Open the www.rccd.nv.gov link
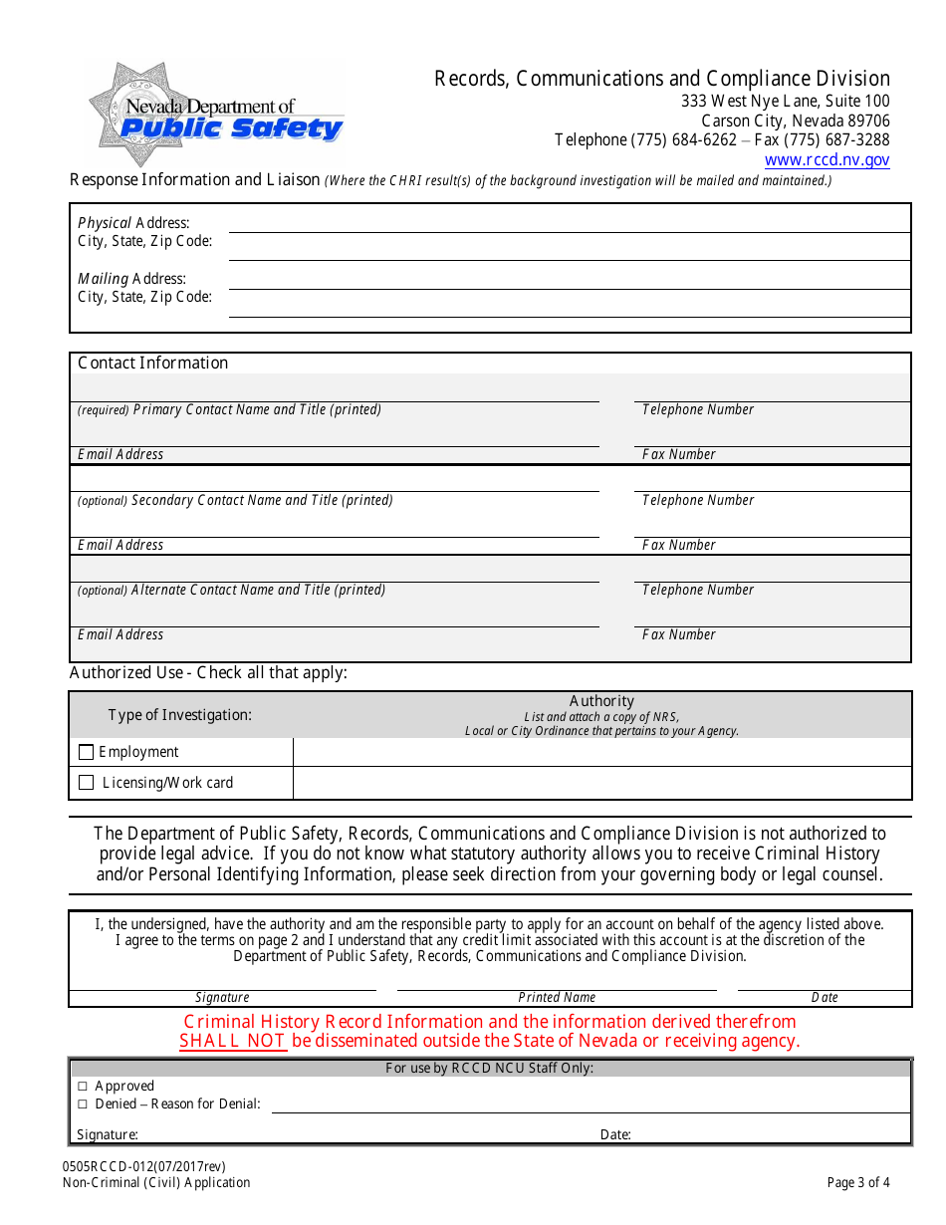coord(827,160)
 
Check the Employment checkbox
coord(86,753)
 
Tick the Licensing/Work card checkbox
coord(86,783)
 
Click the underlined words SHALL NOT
coord(232,1042)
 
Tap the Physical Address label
coord(133,223)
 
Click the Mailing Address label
coord(131,279)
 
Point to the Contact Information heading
coord(152,364)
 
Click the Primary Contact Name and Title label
coord(256,410)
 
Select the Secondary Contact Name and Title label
coord(261,501)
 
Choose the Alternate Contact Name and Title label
coord(258,591)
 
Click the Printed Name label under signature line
coord(557,998)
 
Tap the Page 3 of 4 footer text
coord(857,1183)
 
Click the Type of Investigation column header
coord(179,715)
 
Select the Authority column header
coord(601,702)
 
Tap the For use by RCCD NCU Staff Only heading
coord(489,1069)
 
